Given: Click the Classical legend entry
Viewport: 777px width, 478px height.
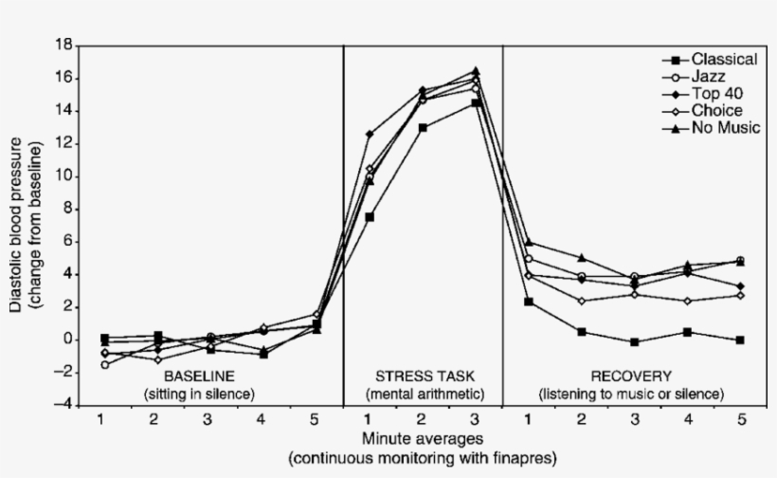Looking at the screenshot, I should [x=723, y=59].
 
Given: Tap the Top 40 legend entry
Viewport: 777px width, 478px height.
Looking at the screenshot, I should [x=715, y=93].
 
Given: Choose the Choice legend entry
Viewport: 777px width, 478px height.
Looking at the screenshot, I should [x=715, y=110].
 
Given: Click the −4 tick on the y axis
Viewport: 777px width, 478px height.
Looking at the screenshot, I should [x=63, y=405].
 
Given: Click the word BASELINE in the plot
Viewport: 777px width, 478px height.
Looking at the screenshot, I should [x=199, y=376].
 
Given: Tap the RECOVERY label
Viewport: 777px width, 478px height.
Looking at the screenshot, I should [x=630, y=376].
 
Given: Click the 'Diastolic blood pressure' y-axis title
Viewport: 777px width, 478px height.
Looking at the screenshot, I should [x=17, y=225].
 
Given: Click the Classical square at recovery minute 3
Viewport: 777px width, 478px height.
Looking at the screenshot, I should [x=635, y=341].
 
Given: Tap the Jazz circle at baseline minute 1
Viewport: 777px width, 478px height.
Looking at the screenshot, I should [x=104, y=364].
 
